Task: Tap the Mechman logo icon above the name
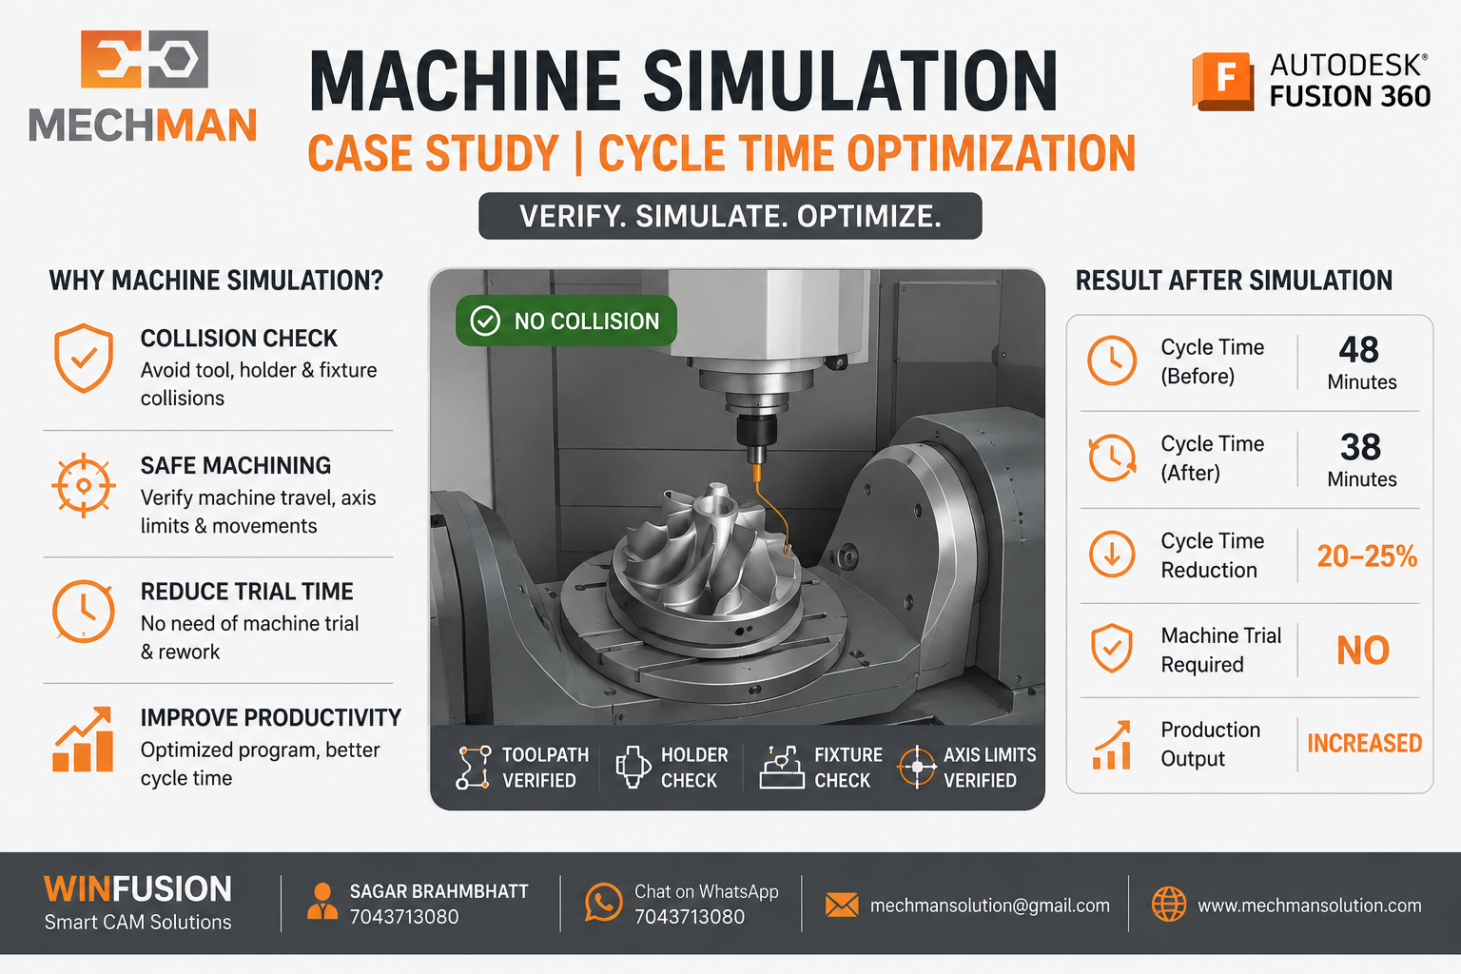click(145, 59)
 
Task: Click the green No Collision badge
click(566, 321)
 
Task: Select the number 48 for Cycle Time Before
click(1358, 350)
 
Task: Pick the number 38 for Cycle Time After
click(1360, 447)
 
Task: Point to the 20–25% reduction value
click(1367, 555)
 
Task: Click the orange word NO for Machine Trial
click(1362, 651)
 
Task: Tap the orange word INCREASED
click(1365, 743)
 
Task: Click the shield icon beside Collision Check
click(84, 358)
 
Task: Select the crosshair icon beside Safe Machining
click(84, 485)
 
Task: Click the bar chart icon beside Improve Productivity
click(83, 739)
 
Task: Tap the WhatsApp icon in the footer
click(603, 903)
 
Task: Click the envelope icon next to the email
click(842, 905)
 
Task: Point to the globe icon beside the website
click(1169, 905)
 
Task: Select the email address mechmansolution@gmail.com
click(989, 906)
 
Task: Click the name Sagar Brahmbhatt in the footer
click(438, 891)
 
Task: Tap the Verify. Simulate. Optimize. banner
click(730, 216)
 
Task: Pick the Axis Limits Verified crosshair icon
click(917, 767)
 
